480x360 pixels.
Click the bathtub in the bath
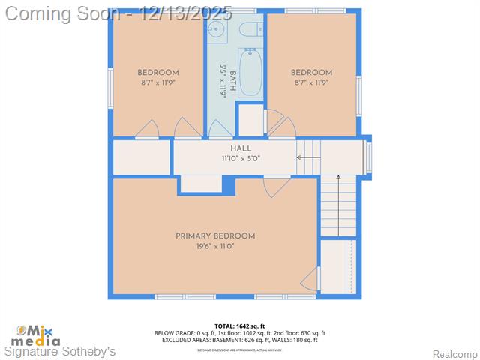click(250, 73)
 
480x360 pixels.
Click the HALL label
click(241, 148)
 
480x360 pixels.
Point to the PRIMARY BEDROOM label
click(215, 235)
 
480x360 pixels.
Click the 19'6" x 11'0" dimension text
click(215, 246)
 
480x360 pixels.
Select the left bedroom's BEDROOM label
click(158, 73)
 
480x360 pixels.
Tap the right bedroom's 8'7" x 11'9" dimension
click(311, 83)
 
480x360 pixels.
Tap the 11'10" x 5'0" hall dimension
click(241, 159)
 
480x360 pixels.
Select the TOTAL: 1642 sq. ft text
click(240, 325)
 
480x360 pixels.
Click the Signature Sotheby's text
click(61, 351)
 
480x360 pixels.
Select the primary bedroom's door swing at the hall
click(276, 186)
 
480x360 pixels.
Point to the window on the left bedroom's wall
click(110, 88)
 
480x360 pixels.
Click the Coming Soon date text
click(119, 13)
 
